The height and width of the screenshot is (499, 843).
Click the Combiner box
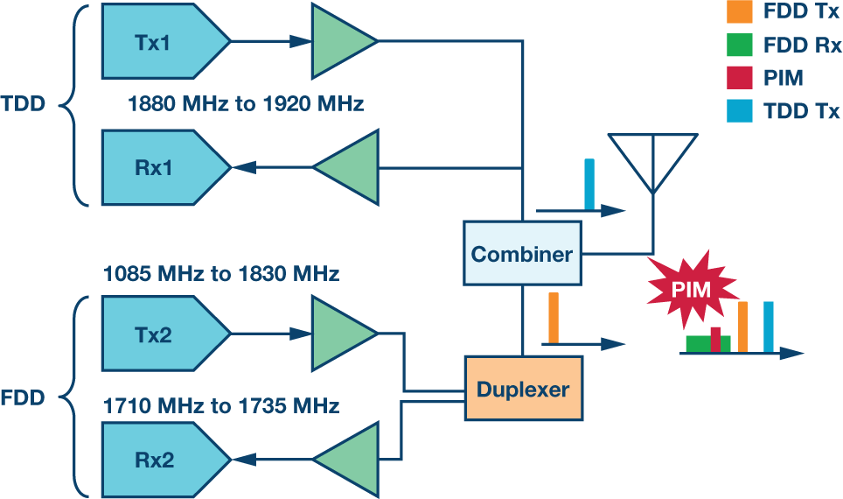click(x=522, y=254)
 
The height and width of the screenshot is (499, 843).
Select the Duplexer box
click(x=522, y=389)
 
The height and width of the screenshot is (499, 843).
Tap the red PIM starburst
click(x=692, y=288)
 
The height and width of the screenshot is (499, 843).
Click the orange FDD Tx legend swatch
click(x=739, y=12)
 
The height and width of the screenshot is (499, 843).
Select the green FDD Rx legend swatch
click(x=739, y=46)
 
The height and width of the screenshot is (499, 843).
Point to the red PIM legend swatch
click(x=739, y=78)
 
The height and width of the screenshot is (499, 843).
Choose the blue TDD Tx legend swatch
click(x=739, y=111)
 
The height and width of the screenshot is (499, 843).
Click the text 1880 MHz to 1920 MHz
click(x=245, y=105)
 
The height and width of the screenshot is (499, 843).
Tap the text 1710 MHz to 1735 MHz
click(x=221, y=405)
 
